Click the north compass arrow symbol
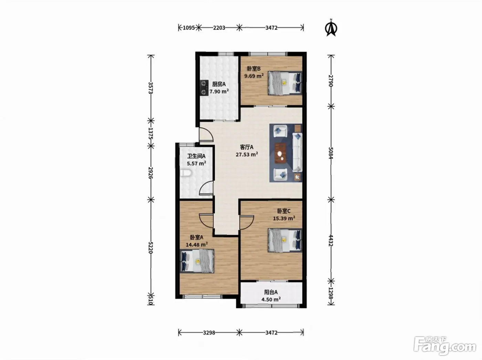[x=331, y=28]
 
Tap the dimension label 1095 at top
[x=189, y=28]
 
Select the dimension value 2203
[x=219, y=28]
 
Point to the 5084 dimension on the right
[x=331, y=153]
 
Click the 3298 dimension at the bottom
[x=209, y=332]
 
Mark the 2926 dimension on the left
[x=151, y=173]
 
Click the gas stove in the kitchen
[x=51, y=88]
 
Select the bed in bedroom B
[x=285, y=83]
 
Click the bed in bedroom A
[x=197, y=261]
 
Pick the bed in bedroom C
[x=285, y=240]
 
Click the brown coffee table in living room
[x=281, y=153]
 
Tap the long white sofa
[x=297, y=152]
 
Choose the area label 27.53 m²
[x=247, y=155]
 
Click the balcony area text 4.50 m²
[x=271, y=299]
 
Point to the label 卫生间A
[x=196, y=156]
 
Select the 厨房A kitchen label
[x=219, y=84]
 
